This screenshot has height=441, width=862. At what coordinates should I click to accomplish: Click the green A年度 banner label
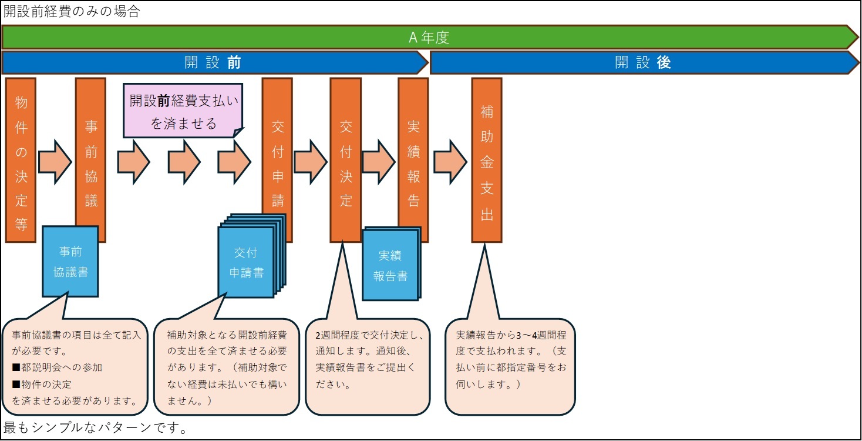click(429, 38)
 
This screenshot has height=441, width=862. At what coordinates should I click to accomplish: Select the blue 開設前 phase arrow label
click(213, 62)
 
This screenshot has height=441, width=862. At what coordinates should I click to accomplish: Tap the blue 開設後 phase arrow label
click(642, 62)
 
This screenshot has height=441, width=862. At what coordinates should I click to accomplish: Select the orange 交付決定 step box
click(345, 160)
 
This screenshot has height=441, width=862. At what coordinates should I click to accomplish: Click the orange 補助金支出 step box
click(487, 160)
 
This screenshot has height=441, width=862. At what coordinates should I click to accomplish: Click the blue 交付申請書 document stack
click(246, 263)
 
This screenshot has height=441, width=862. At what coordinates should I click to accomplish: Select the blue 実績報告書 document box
click(390, 266)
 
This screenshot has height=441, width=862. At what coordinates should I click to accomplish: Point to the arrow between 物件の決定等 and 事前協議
click(55, 160)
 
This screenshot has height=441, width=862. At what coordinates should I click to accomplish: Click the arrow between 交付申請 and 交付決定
click(310, 160)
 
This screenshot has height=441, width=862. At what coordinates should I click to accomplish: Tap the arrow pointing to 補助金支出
click(450, 160)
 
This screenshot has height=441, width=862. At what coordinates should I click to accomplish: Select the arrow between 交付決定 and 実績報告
click(379, 160)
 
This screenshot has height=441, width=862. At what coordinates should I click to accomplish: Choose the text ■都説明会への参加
click(57, 367)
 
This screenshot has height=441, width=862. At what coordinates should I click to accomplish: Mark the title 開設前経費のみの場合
click(72, 12)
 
